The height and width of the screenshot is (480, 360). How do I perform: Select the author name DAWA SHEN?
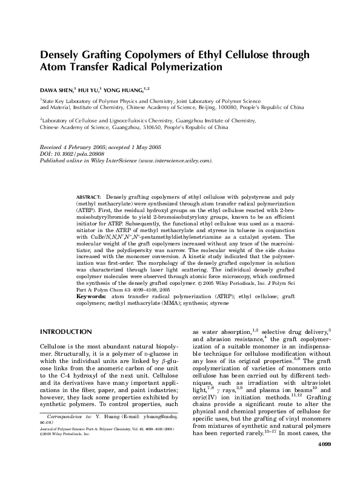pos(58,90)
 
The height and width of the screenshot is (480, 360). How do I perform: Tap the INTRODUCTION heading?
pos(65,332)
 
